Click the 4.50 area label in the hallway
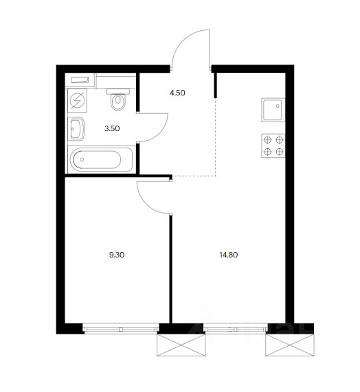tap(177, 93)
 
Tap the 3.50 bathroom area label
tap(112, 128)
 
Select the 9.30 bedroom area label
tap(117, 255)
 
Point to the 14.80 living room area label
tap(228, 255)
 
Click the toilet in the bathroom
tap(118, 100)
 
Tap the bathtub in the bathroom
tap(100, 159)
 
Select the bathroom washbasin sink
tap(76, 129)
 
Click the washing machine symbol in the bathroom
tap(78, 100)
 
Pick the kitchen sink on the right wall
tap(273, 110)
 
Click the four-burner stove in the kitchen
tap(273, 146)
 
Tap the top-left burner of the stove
tap(267, 140)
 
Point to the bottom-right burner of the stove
tap(279, 152)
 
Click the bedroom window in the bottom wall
tap(121, 329)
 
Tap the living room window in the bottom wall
tap(236, 329)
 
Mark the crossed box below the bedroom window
tap(181, 345)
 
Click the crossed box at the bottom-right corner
tap(290, 345)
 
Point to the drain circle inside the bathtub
tap(82, 159)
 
